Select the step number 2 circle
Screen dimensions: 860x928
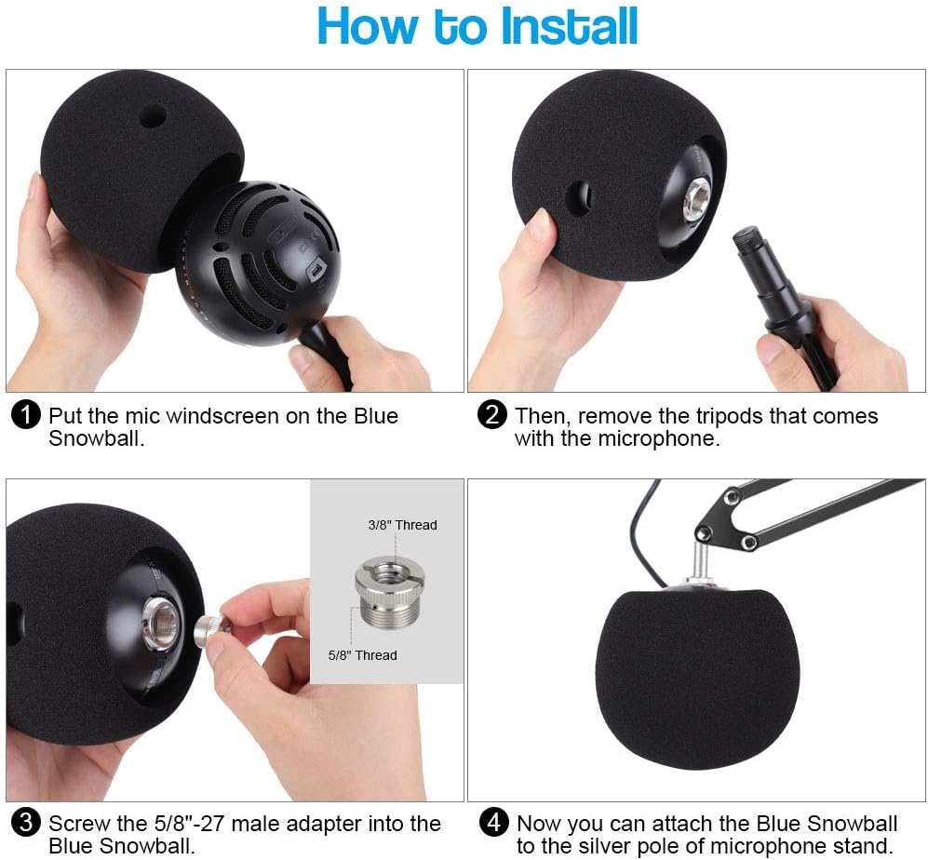(x=491, y=415)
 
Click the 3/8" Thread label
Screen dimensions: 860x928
(x=402, y=525)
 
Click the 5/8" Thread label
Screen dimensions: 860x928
(x=362, y=655)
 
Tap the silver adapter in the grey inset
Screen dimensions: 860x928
(x=384, y=592)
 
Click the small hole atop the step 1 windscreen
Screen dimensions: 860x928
(x=152, y=117)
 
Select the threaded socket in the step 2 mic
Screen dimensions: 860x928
(x=696, y=200)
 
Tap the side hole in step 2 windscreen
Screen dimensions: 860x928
(x=578, y=197)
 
